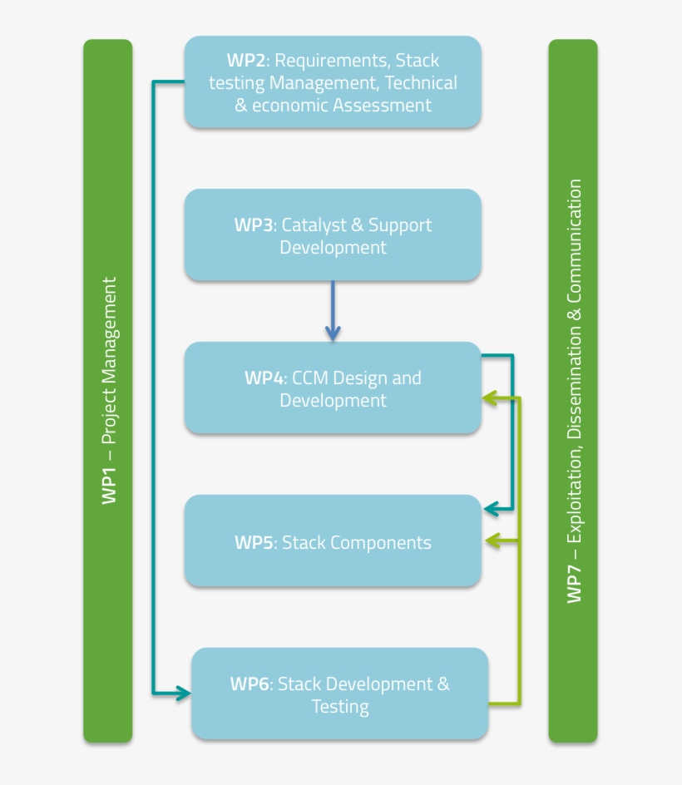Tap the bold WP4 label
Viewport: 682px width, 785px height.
(264, 378)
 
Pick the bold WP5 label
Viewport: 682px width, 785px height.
(255, 543)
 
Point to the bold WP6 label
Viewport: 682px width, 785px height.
(250, 684)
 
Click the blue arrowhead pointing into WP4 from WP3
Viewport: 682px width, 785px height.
(333, 333)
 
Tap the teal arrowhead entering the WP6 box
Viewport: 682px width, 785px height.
(183, 693)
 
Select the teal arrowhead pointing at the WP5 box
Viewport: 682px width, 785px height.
(492, 507)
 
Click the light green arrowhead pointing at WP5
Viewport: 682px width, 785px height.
(492, 541)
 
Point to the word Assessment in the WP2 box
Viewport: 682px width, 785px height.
(382, 106)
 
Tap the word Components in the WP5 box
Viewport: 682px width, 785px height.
(380, 543)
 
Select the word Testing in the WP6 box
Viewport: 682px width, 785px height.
(340, 707)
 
